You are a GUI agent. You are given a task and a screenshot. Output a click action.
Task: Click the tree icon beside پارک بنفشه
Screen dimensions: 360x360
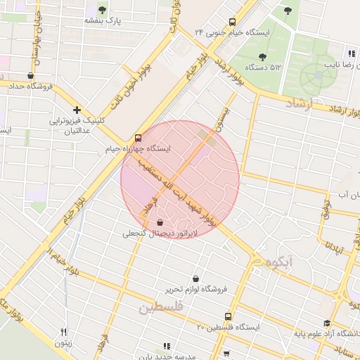click(x=103, y=10)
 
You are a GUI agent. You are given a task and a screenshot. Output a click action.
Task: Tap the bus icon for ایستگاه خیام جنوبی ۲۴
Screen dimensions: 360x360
click(x=233, y=22)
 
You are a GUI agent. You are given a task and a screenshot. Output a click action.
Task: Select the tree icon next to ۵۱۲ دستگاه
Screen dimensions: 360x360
click(x=262, y=57)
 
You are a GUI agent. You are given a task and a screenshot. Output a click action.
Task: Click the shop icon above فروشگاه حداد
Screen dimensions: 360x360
click(x=30, y=75)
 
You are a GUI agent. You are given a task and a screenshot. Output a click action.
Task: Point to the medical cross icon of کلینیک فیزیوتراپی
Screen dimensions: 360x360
click(x=77, y=110)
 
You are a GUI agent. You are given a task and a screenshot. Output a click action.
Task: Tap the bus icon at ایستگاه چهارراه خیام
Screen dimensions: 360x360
click(x=137, y=138)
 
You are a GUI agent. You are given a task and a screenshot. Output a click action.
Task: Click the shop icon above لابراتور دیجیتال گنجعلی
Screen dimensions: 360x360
click(x=160, y=222)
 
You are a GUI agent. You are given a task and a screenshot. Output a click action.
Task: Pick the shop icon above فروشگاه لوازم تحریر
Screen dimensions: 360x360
click(x=195, y=278)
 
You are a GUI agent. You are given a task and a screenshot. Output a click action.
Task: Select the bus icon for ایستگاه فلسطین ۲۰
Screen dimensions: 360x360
click(x=226, y=316)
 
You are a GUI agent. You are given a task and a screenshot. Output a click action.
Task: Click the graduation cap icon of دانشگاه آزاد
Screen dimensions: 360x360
click(x=327, y=323)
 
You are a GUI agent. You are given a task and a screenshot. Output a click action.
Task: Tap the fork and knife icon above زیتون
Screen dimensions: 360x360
click(x=64, y=332)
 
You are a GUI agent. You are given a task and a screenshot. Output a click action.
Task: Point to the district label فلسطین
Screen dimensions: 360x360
click(x=160, y=307)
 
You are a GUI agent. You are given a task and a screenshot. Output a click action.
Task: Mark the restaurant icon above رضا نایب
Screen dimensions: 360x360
click(x=351, y=53)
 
